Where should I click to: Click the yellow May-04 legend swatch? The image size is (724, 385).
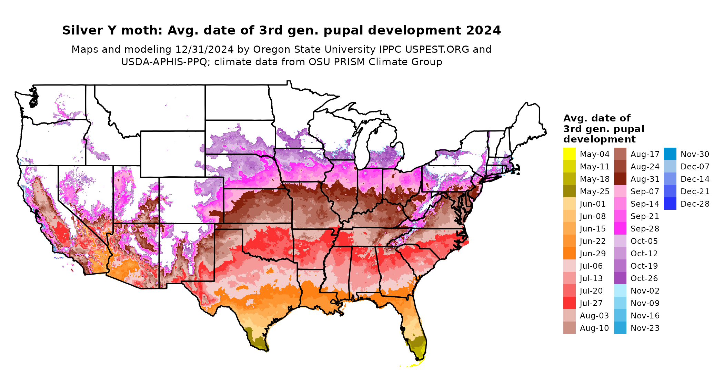tap(569, 154)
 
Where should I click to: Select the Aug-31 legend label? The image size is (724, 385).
tap(645, 179)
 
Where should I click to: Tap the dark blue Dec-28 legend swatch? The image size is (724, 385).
tap(670, 204)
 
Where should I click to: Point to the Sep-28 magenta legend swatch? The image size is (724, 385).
tap(620, 228)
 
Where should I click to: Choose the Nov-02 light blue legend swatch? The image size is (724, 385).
tap(620, 290)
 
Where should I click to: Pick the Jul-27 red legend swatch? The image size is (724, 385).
tap(569, 303)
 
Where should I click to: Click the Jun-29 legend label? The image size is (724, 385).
tap(593, 254)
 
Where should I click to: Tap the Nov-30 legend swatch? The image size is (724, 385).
tap(670, 154)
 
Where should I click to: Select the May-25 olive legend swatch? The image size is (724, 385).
tap(569, 191)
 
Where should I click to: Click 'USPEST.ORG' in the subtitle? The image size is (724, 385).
tap(437, 49)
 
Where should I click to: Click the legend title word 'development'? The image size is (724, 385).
tap(600, 139)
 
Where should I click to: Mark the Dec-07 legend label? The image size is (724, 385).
tap(695, 167)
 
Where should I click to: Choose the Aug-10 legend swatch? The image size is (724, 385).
tap(569, 328)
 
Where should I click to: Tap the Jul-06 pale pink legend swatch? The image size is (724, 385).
tap(569, 266)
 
